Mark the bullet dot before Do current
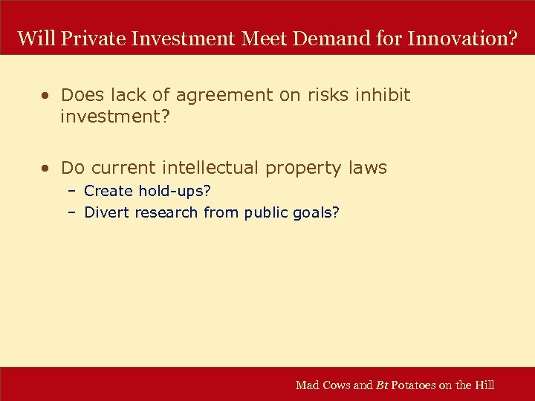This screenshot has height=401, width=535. pos(46,169)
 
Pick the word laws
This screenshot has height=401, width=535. pos(368,169)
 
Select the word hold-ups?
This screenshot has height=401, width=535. pos(175,192)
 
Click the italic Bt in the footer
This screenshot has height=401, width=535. pos(382,385)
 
